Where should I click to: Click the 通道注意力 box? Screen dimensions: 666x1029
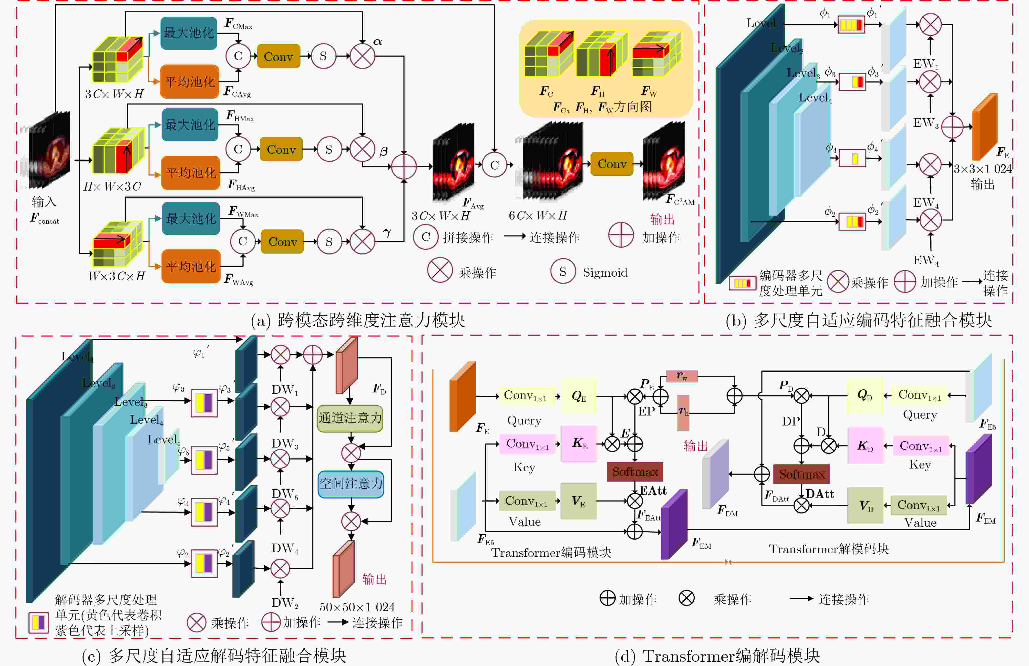(350, 418)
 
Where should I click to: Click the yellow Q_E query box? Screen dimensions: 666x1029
(579, 396)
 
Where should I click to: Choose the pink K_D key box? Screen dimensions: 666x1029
(865, 446)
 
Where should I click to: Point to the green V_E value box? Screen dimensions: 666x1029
(579, 501)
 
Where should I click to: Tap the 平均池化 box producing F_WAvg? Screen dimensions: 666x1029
(191, 266)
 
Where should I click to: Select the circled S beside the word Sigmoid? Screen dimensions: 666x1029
(562, 272)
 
